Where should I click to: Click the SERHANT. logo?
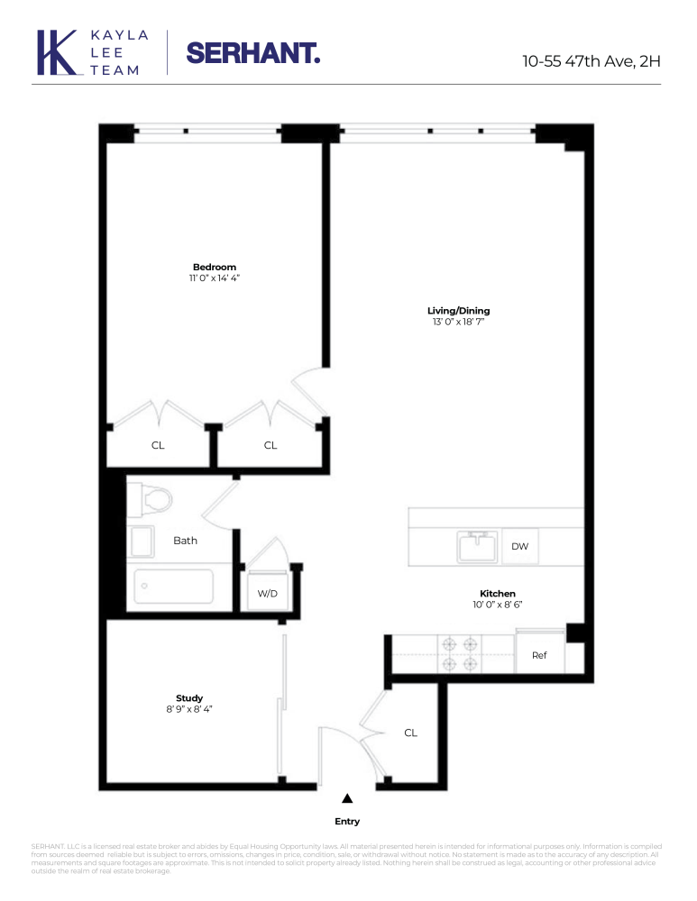tap(252, 53)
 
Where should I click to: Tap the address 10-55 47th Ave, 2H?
tap(592, 61)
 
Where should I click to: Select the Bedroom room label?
tap(215, 267)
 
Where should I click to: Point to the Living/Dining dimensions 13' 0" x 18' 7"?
tap(458, 322)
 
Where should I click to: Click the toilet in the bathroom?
tap(144, 497)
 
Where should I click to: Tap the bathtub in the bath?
tap(174, 587)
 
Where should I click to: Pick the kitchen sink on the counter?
tap(477, 546)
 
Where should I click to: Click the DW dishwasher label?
tap(519, 547)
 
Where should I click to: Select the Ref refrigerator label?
tap(539, 655)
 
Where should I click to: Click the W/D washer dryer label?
tap(267, 593)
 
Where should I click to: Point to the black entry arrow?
tap(347, 798)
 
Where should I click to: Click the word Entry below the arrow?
tap(347, 822)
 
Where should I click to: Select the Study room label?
tap(189, 698)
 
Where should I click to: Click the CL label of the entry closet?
tap(410, 733)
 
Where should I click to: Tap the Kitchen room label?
tap(498, 594)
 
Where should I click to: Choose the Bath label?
tap(186, 541)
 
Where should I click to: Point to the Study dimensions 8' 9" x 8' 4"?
tap(189, 710)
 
